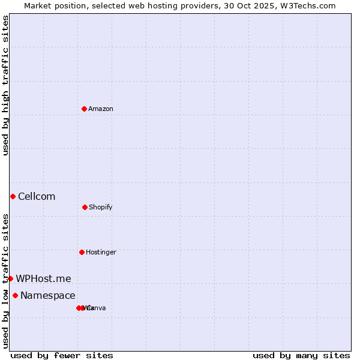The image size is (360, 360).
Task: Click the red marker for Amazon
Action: pyautogui.click(x=84, y=109)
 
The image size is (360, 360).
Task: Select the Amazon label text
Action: pyautogui.click(x=101, y=109)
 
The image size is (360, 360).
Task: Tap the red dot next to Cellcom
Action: pyautogui.click(x=13, y=196)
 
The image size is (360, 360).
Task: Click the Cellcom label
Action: pyautogui.click(x=37, y=196)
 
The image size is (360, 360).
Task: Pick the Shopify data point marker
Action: pyautogui.click(x=85, y=207)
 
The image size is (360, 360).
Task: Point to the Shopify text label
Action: pyautogui.click(x=101, y=207)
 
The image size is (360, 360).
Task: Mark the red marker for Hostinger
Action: pyautogui.click(x=82, y=252)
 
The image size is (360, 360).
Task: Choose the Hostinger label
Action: pyautogui.click(x=101, y=252)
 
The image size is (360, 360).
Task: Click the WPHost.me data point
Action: pyautogui.click(x=10, y=278)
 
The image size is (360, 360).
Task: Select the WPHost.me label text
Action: pyautogui.click(x=43, y=278)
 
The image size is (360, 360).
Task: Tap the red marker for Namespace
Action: pyautogui.click(x=15, y=295)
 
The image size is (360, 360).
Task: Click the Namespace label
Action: pyautogui.click(x=48, y=295)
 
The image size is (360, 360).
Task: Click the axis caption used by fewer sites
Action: pyautogui.click(x=62, y=355)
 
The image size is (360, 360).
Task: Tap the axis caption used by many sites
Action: pyautogui.click(x=301, y=355)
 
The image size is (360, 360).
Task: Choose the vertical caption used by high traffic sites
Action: pyautogui.click(x=5, y=85)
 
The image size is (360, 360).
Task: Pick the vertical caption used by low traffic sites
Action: pyautogui.click(x=5, y=280)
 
